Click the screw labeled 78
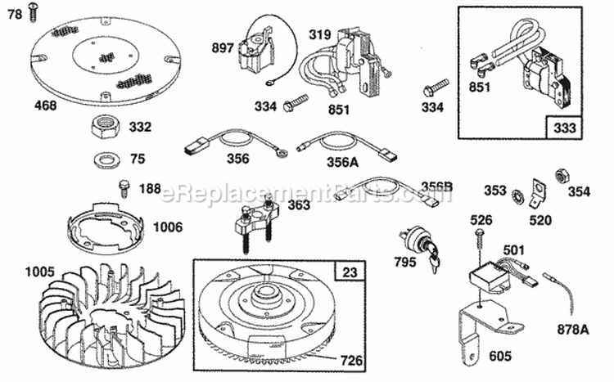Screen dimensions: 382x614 coord(32,11)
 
